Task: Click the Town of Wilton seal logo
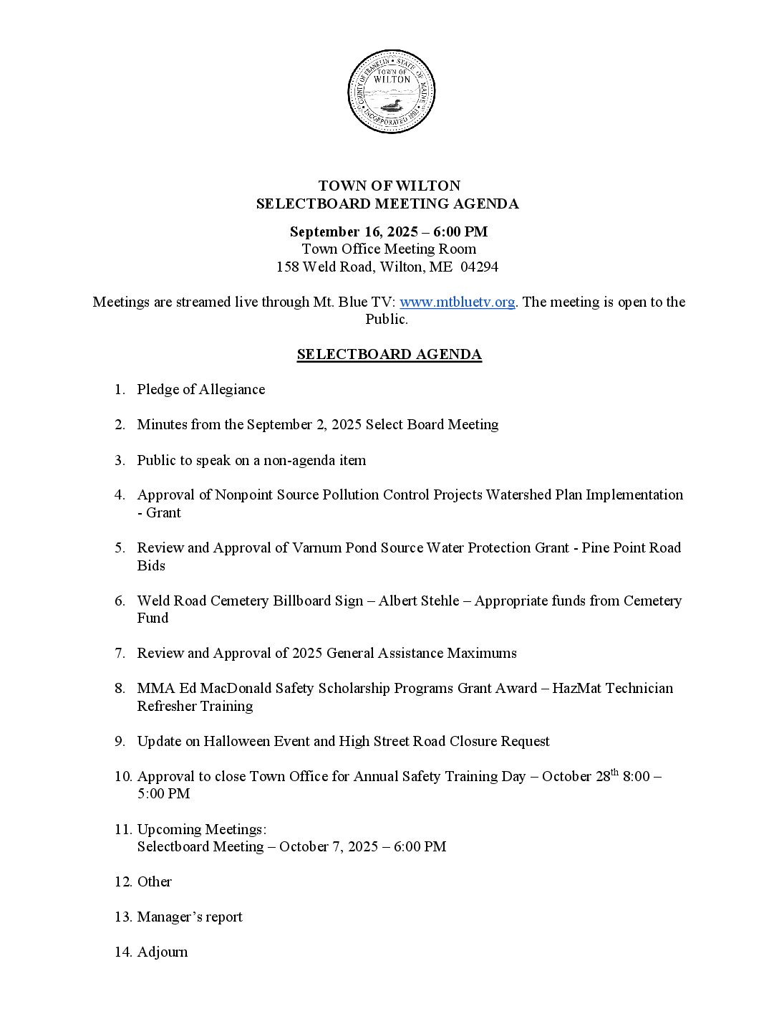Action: (391, 92)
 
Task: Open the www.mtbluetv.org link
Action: (457, 302)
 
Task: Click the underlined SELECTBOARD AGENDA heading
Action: (389, 355)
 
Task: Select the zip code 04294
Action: (480, 267)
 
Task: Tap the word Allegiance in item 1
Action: (232, 389)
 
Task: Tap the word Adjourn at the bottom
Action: (163, 952)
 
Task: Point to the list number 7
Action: (120, 653)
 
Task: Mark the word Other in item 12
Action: (155, 881)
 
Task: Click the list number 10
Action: (122, 776)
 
